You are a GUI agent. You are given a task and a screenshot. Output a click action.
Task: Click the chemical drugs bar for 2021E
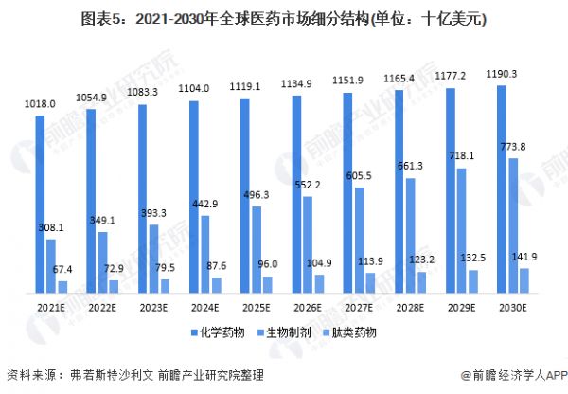[40, 203]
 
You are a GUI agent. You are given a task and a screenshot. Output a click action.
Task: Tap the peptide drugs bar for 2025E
[267, 283]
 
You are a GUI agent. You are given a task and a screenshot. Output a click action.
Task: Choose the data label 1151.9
[348, 82]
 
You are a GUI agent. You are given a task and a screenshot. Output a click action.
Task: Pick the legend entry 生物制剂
[283, 333]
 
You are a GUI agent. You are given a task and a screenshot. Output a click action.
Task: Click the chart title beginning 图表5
[284, 19]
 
